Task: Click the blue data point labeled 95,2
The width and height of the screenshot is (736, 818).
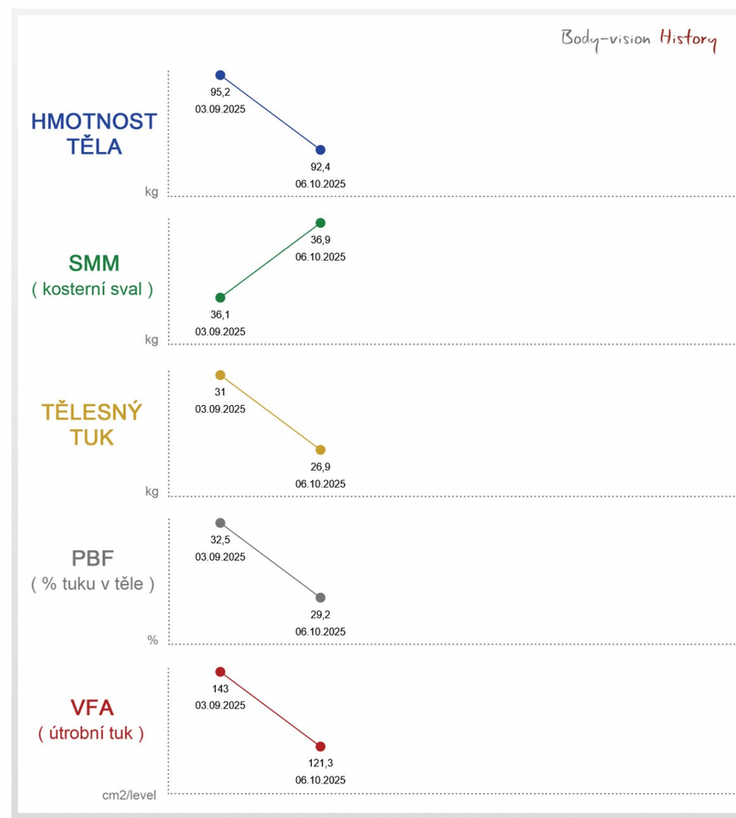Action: click(220, 75)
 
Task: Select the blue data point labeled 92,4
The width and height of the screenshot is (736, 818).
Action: click(320, 150)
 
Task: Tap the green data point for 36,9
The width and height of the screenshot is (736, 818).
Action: click(320, 223)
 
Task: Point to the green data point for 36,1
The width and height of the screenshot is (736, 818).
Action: click(220, 297)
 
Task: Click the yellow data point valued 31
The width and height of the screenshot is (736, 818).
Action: click(220, 375)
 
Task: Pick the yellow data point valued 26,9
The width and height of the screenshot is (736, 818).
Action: click(320, 450)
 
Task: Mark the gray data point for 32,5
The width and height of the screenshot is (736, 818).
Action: click(220, 523)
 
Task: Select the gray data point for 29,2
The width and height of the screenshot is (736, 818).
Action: click(320, 598)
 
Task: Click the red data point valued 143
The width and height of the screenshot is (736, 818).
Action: click(220, 671)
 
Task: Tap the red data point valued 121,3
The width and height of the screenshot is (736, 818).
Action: click(320, 746)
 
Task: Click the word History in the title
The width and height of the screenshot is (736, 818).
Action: click(688, 39)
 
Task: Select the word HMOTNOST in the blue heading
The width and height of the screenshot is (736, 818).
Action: click(94, 121)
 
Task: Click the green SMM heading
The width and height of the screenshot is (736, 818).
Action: click(93, 263)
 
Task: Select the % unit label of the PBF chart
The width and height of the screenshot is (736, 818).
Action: click(152, 640)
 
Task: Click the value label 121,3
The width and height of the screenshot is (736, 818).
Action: click(320, 764)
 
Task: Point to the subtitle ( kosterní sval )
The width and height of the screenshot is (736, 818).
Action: click(92, 290)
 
